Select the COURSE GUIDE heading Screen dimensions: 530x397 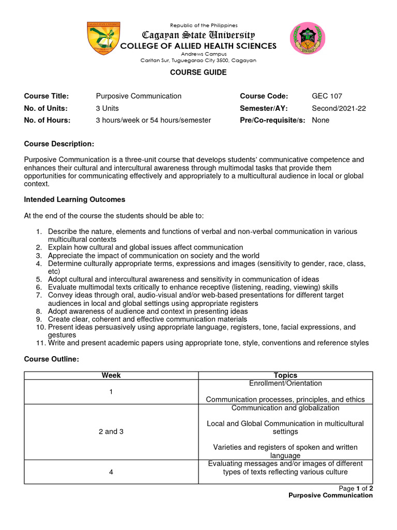[x=198, y=72]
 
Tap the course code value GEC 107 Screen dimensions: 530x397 [x=327, y=96]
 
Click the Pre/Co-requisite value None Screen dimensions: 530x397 [x=320, y=120]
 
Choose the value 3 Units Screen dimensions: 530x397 [x=107, y=108]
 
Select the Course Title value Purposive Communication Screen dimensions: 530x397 [x=139, y=96]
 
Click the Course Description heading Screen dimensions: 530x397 [x=59, y=143]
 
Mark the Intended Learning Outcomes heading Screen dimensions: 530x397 [x=74, y=199]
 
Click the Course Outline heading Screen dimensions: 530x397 [x=51, y=359]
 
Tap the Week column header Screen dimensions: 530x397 [x=111, y=375]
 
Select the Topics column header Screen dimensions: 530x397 [x=285, y=375]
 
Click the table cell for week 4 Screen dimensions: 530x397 [x=111, y=472]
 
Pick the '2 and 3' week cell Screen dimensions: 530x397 [x=111, y=432]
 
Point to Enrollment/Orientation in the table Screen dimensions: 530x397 [x=285, y=384]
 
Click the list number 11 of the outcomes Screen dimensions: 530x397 [x=40, y=343]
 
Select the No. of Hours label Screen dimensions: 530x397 [x=47, y=120]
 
